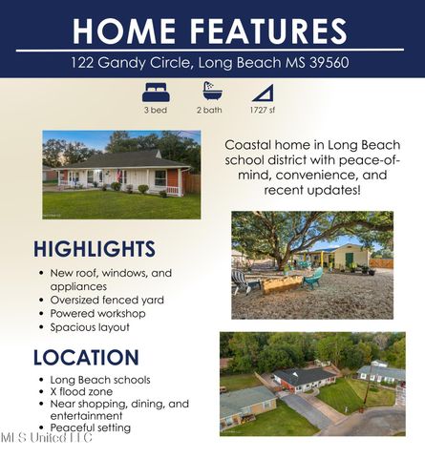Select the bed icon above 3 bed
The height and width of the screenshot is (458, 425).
click(155, 93)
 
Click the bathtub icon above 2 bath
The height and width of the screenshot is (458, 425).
click(210, 92)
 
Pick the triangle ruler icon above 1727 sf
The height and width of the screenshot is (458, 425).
click(262, 93)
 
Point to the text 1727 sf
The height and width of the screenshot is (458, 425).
click(262, 111)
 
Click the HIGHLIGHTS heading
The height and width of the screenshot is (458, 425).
click(94, 249)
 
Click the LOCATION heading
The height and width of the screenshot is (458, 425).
click(85, 358)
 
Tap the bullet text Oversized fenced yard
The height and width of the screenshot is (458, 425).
click(107, 300)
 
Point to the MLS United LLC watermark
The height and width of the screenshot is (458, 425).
click(46, 438)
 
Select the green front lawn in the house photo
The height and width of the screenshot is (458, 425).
click(115, 204)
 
